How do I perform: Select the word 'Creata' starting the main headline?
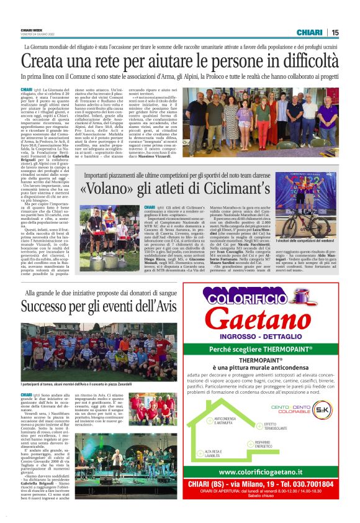tap(47, 62)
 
